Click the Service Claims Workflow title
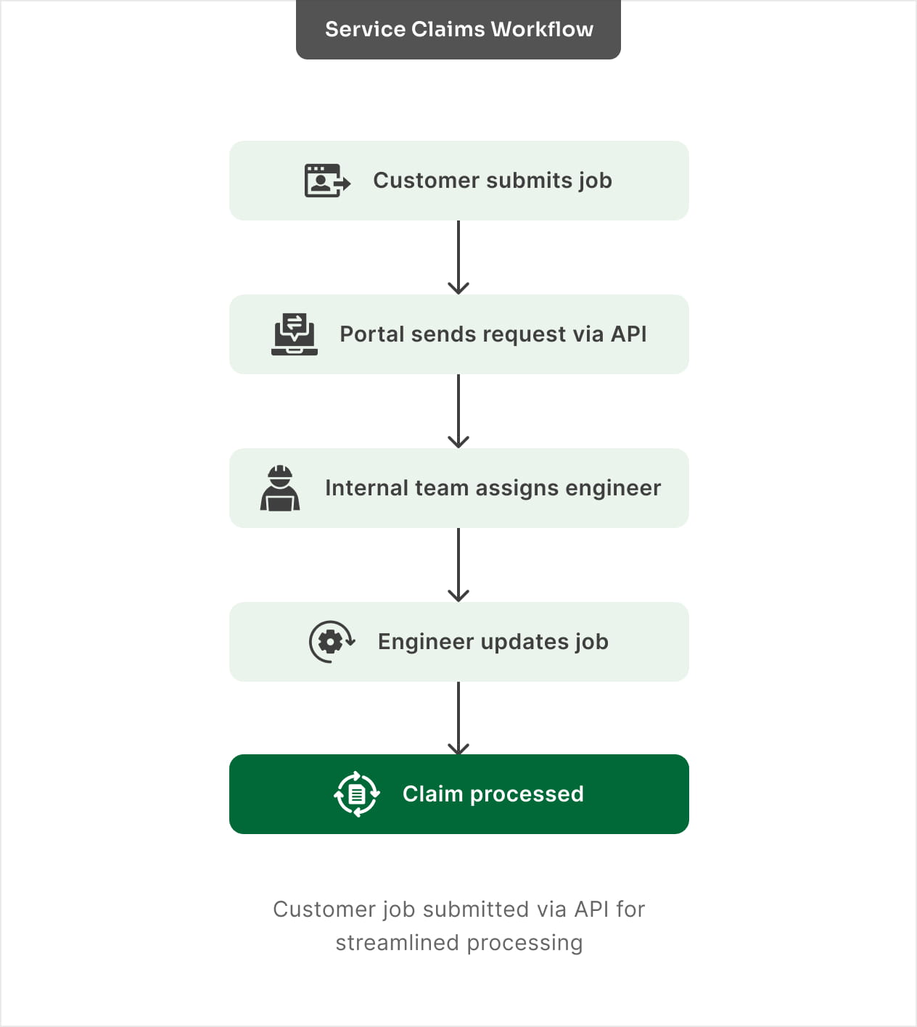click(x=458, y=29)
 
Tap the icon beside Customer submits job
click(x=327, y=181)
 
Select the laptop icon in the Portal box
click(x=295, y=334)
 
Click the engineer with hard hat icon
click(x=280, y=488)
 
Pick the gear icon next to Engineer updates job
click(x=332, y=642)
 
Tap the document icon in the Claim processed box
click(x=356, y=794)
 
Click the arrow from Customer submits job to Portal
click(x=458, y=257)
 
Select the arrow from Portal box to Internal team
click(x=458, y=411)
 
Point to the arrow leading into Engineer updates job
click(x=458, y=565)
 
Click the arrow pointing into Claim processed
click(x=458, y=718)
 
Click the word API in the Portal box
click(x=628, y=334)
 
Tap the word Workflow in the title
click(x=542, y=29)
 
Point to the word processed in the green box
click(x=527, y=794)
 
